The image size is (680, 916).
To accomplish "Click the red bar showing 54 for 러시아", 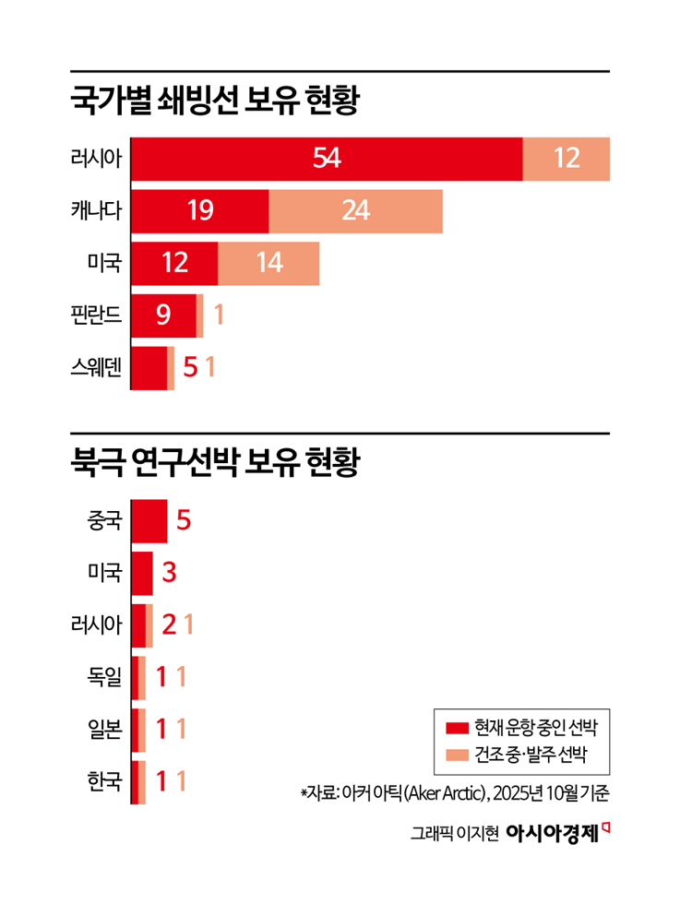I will pos(327,159).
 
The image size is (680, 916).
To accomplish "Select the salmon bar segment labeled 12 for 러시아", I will pos(566,159).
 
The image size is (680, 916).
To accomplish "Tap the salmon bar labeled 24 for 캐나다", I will pos(355,211).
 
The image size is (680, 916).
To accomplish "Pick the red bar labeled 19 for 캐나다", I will pos(200,211).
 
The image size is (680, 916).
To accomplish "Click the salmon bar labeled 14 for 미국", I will pos(268,264).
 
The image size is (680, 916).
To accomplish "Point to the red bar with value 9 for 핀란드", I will pos(164,316).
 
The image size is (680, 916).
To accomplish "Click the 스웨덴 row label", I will pos(96,369).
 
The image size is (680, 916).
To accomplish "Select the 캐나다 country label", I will pos(96,211).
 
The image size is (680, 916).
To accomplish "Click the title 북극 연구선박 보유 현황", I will pos(213,461).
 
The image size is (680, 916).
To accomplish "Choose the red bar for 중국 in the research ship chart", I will pos(149,521).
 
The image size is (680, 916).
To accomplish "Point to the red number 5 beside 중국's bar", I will pos(183,521).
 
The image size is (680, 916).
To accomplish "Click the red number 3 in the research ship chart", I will pos(169,574).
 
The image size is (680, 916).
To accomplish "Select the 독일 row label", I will pos(103,678).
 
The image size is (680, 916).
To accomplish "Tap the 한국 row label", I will pos(103,783).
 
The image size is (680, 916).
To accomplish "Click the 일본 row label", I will pos(103,731).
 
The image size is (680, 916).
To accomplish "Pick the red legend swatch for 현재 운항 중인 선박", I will pos(457,727).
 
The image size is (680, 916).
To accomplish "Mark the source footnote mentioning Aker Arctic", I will pos(456,792).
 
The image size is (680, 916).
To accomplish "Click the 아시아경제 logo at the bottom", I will pos(558,832).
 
